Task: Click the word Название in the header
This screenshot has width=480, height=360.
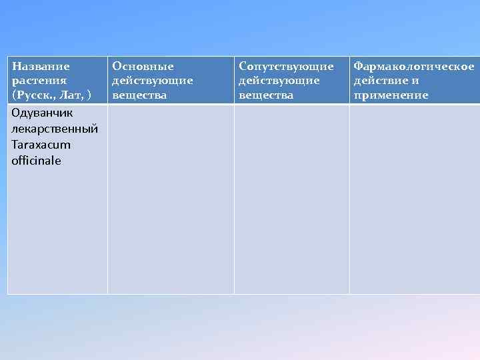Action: pos(41,67)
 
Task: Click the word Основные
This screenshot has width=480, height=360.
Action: pos(143,67)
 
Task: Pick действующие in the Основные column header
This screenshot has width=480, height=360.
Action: pos(152,81)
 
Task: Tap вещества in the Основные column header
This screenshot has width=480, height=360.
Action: pos(139,95)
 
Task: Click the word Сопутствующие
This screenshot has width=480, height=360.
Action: pos(286,67)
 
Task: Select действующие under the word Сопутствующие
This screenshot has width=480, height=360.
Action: pos(279,81)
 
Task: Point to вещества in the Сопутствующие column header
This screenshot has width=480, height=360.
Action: pos(266,95)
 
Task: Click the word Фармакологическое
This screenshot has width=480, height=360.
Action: pos(414,67)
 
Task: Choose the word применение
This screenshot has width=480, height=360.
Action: pos(391,95)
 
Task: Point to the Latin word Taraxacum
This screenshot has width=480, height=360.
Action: pos(41,145)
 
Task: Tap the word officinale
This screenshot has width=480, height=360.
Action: pos(36,161)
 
